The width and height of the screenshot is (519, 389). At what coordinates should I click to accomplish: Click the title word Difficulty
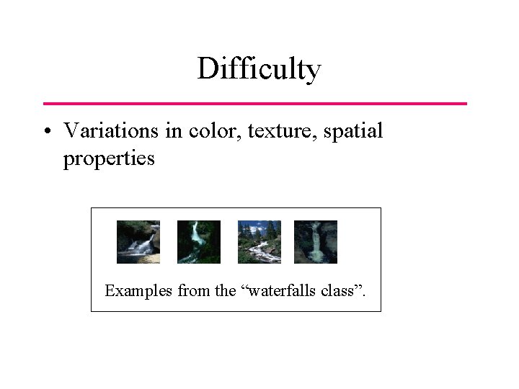tap(259, 70)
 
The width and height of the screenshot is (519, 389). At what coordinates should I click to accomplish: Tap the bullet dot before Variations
tap(47, 132)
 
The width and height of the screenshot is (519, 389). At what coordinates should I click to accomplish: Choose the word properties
tap(109, 158)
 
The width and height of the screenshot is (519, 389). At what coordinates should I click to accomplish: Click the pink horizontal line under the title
tap(255, 104)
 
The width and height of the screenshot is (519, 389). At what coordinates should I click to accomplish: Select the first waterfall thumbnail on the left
tap(138, 242)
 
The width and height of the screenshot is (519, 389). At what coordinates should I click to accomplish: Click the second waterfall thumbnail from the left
tap(199, 242)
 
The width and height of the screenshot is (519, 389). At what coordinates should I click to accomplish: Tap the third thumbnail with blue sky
tap(259, 242)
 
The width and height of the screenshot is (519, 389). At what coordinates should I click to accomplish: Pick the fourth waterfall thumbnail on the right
tap(316, 242)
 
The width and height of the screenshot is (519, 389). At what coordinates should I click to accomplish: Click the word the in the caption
tap(225, 291)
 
